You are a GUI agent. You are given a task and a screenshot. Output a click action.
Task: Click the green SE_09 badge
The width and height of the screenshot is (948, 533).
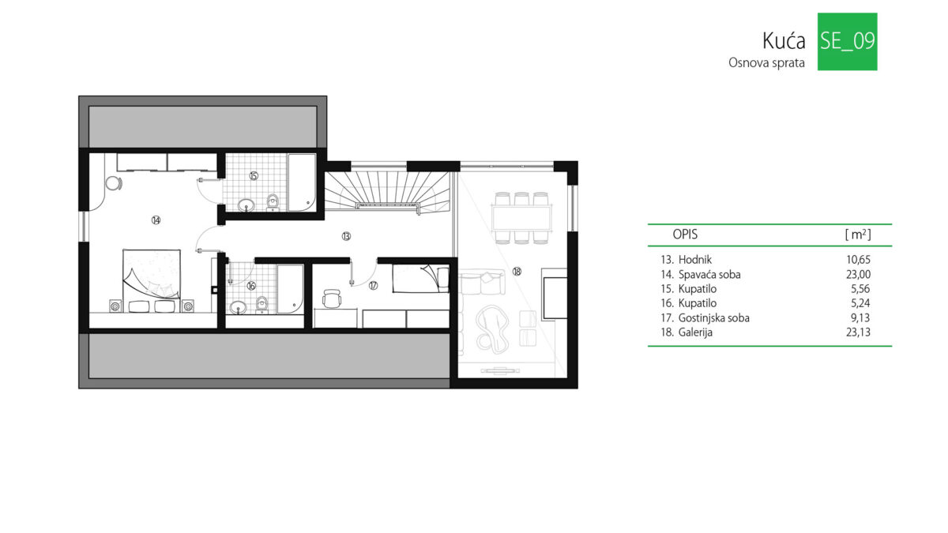point(847,41)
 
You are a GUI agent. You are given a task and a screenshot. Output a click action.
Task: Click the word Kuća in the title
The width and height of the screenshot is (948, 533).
point(784,41)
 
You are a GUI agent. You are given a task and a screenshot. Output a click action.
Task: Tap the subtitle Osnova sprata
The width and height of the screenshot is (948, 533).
point(766,63)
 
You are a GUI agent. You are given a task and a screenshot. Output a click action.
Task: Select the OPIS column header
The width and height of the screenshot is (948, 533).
point(685,234)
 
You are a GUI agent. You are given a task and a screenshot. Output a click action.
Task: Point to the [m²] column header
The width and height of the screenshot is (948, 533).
point(858,234)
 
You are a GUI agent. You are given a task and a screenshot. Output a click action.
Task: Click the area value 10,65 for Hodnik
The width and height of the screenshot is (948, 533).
point(858,259)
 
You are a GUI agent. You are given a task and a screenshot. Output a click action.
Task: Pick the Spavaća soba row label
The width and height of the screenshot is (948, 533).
point(709,275)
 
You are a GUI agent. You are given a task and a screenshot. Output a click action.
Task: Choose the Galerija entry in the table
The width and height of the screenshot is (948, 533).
point(695,332)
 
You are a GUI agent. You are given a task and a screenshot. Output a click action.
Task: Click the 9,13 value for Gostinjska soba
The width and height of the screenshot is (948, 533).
point(860,317)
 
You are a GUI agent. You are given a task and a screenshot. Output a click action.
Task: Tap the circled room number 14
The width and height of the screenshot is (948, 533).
point(156,220)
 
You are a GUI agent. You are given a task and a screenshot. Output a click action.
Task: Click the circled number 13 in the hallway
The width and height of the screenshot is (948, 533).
point(346,236)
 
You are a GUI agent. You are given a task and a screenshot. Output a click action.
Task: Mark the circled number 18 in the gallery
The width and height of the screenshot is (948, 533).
point(517,272)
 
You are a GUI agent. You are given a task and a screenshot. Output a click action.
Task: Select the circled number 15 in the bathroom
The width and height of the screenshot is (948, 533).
point(254,175)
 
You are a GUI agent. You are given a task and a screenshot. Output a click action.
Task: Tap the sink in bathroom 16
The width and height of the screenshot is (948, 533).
point(239,307)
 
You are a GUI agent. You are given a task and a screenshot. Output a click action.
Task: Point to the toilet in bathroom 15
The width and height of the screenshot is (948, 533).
point(273,202)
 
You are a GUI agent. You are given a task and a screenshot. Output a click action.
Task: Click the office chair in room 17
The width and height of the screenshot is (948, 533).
point(331,298)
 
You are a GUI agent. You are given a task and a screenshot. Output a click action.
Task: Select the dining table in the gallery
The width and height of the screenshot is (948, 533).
point(521,218)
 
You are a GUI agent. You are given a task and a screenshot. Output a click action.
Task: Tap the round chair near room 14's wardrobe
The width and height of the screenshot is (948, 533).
point(114,183)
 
